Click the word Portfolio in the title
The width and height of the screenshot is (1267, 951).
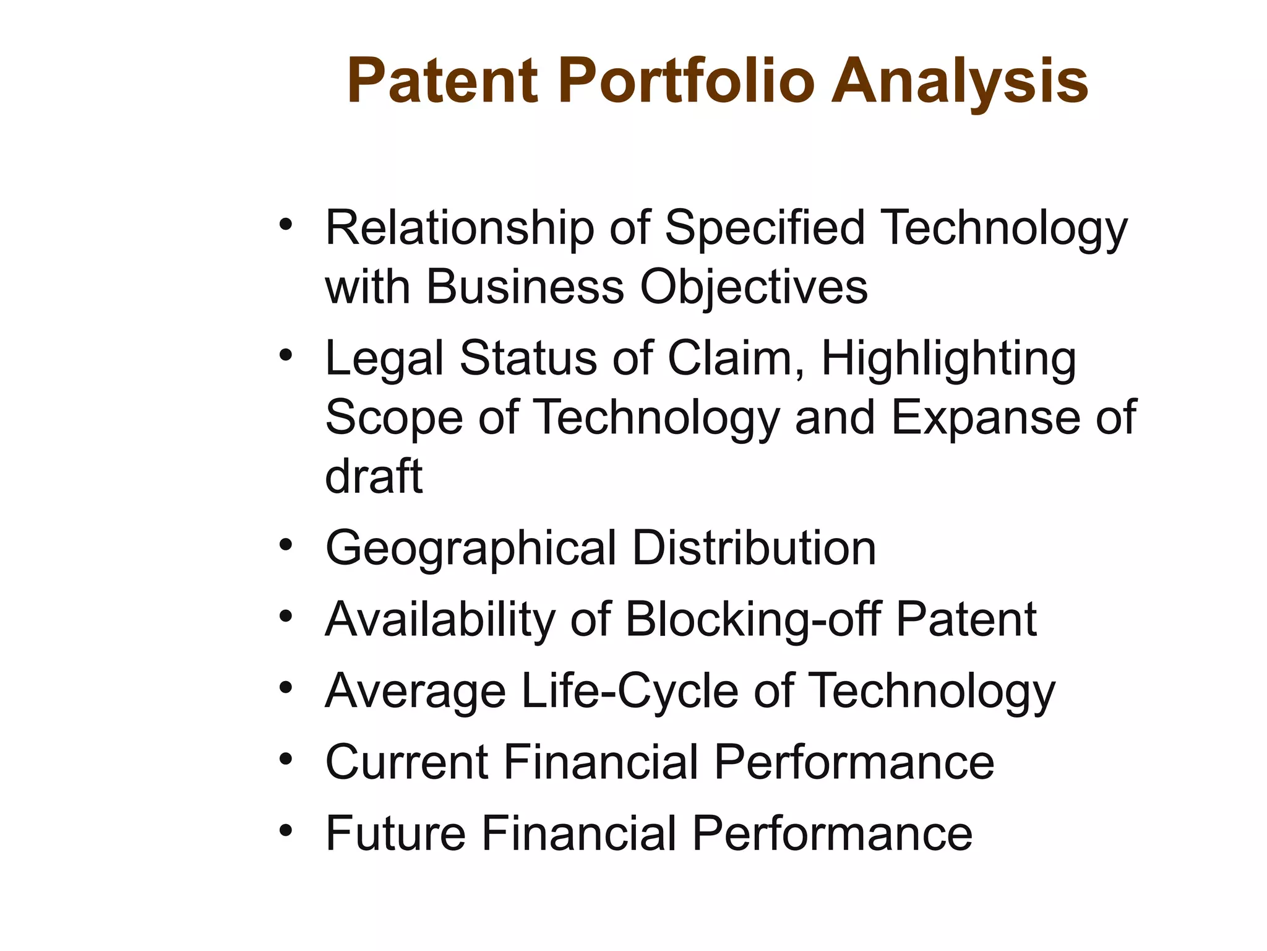coord(687,82)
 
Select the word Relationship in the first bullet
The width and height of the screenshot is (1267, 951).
coord(460,229)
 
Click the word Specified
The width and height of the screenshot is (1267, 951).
coord(765,229)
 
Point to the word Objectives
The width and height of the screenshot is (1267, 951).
coord(754,288)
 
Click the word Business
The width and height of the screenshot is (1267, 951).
coord(525,288)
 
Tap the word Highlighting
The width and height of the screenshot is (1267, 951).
coord(948,359)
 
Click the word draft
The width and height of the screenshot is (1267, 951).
coord(374,477)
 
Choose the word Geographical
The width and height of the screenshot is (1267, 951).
coord(471,549)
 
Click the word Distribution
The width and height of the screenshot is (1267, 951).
coord(754,549)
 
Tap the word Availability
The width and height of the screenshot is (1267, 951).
coord(440,620)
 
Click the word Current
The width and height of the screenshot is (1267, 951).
coord(406,762)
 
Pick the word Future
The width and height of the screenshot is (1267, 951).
coord(395,833)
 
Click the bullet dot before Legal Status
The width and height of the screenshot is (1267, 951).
coord(285,355)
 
